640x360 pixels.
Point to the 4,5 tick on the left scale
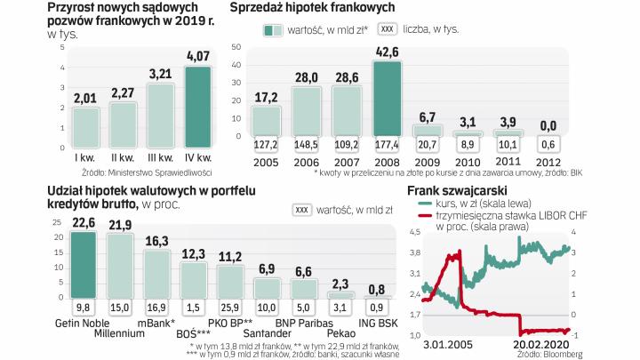click(414, 233)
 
